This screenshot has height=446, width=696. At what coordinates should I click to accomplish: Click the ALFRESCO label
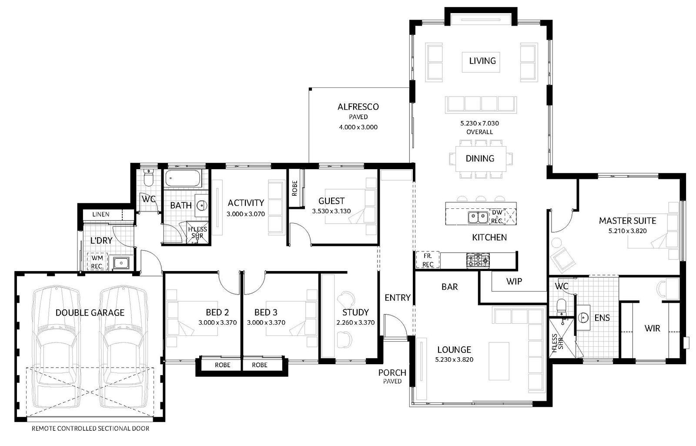(358, 107)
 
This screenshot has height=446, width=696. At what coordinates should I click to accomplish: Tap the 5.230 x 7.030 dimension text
(479, 124)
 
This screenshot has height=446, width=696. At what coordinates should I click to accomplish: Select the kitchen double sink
(478, 217)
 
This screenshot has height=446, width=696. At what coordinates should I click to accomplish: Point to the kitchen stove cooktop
(478, 260)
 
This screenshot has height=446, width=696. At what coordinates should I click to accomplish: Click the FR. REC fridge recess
(428, 260)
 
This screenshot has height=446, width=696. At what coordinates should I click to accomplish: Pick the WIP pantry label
(514, 282)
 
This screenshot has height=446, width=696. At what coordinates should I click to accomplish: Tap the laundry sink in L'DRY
(121, 263)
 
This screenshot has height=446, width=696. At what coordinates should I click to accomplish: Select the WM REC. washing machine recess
(97, 262)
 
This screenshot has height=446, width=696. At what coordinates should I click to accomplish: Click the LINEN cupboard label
(100, 215)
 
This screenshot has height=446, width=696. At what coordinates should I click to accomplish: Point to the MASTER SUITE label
(627, 221)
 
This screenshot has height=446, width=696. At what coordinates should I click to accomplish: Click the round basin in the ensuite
(583, 318)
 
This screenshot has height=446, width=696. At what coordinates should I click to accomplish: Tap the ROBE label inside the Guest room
(294, 188)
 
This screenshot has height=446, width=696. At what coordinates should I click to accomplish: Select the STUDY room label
(355, 312)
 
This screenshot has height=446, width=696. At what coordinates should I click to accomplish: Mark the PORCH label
(392, 372)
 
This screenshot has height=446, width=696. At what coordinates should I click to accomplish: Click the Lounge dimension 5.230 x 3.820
(454, 360)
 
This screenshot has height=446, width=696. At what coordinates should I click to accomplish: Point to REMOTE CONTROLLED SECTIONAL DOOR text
(90, 429)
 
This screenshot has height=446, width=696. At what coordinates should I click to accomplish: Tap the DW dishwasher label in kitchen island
(497, 213)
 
